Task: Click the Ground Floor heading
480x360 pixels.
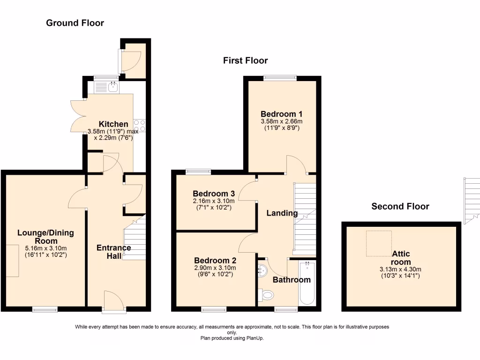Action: point(75,22)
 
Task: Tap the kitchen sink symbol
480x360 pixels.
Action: point(112,86)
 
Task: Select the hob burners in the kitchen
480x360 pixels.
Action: point(140,126)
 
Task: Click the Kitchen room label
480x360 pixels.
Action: point(113,124)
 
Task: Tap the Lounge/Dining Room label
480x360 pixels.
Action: point(45,236)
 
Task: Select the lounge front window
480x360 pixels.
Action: point(45,308)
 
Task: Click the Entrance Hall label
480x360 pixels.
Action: point(114,252)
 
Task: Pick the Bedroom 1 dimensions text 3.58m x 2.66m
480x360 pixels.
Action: point(281,121)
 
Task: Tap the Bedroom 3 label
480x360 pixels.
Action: point(214,194)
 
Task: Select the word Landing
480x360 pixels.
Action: point(282,213)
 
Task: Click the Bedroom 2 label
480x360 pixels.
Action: point(215,261)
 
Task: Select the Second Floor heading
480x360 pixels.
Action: point(400,206)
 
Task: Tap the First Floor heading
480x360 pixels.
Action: point(245,60)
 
